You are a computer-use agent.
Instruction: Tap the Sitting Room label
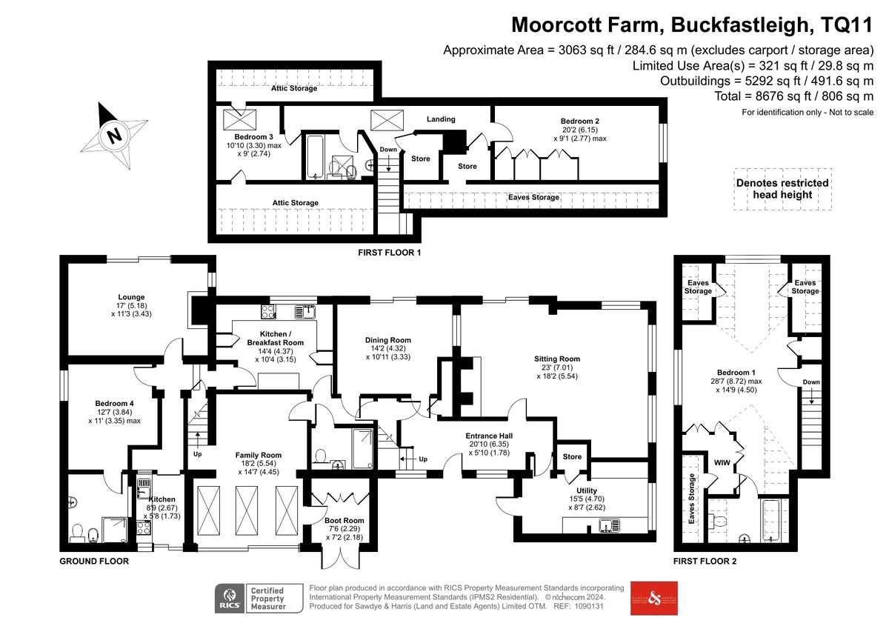click(x=557, y=359)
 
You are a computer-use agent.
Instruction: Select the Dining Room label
click(x=387, y=340)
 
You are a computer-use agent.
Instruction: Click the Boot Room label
click(x=344, y=520)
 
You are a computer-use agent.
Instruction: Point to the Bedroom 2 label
click(x=580, y=121)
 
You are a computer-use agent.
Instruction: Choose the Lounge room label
click(x=131, y=297)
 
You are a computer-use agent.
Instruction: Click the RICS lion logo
click(x=230, y=598)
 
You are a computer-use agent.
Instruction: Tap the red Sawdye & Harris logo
click(x=654, y=599)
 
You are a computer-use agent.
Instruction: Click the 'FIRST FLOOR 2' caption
click(x=705, y=561)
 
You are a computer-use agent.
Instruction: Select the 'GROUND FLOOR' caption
click(x=94, y=561)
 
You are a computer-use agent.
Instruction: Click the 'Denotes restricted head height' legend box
click(x=782, y=189)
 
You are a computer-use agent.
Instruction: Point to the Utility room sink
click(x=609, y=526)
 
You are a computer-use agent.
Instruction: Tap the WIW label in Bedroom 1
click(x=722, y=463)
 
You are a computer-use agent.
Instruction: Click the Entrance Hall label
click(x=489, y=436)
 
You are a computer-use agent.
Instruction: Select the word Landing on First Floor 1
click(x=441, y=119)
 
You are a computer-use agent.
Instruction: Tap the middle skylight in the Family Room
click(x=247, y=510)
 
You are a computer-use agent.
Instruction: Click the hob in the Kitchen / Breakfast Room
click(x=268, y=311)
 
